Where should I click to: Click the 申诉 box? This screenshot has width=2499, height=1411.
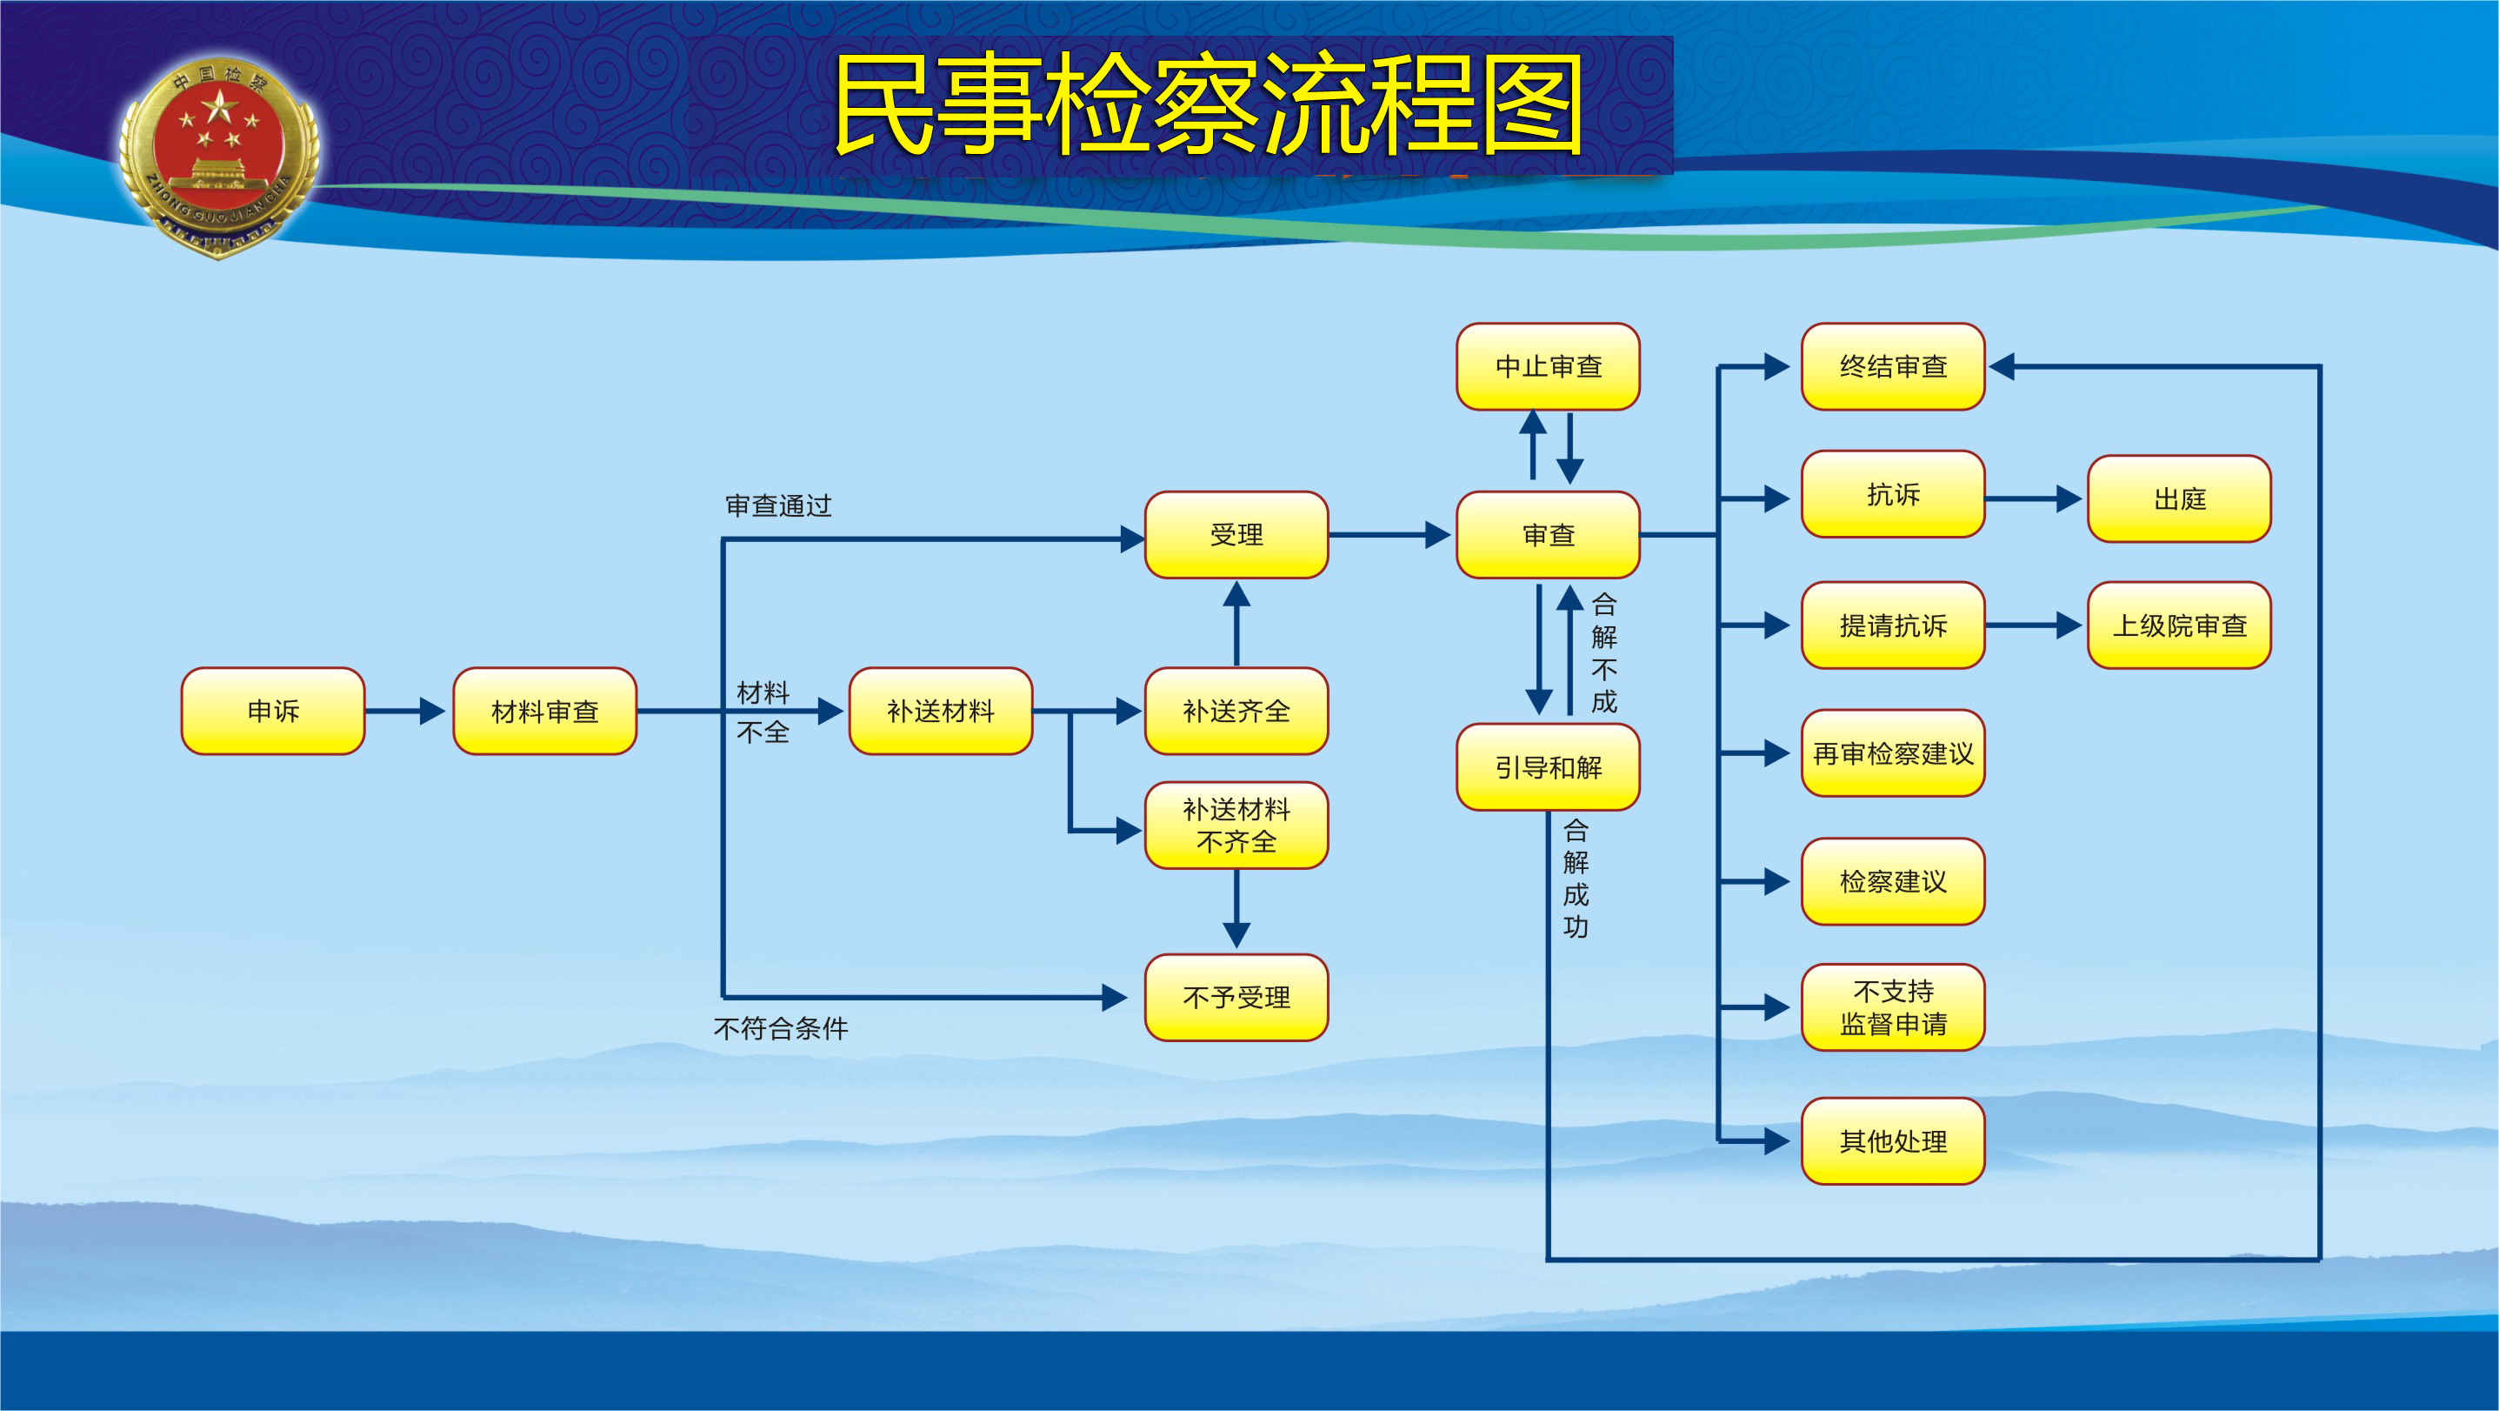coord(273,711)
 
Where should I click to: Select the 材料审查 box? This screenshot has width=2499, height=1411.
coord(544,711)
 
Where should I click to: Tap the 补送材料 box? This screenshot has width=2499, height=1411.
coord(940,711)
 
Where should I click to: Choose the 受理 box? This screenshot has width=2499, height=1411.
coord(1236,535)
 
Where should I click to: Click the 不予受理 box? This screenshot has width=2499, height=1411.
coord(1236,997)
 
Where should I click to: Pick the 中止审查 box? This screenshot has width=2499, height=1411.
coord(1548,366)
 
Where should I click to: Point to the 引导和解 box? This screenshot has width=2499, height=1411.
coord(1548,766)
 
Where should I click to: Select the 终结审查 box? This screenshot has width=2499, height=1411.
coord(1893,366)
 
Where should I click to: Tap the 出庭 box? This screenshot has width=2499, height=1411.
coord(2179,498)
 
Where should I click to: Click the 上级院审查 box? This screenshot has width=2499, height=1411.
coord(2179,625)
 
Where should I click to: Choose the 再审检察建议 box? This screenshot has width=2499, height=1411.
coord(1893,753)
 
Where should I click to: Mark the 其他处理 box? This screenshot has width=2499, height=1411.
coord(1893,1140)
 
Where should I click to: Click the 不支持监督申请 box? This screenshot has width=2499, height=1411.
coord(1893,1007)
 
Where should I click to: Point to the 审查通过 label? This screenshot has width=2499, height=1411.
coord(778,505)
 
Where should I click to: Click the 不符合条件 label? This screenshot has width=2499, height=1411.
coord(780,1027)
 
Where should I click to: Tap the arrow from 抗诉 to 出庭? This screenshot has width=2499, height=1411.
coord(2033,498)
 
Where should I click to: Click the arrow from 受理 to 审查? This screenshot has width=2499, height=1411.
coord(1389,535)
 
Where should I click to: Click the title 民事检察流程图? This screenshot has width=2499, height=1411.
coord(1208,104)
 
